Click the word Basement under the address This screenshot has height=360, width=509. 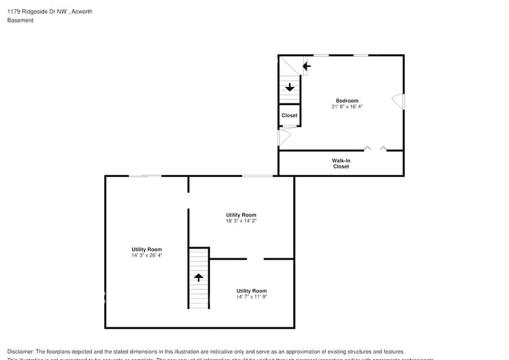[x=20, y=20]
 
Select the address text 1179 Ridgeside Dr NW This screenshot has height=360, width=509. [x=37, y=11]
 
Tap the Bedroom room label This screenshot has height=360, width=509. [x=347, y=100]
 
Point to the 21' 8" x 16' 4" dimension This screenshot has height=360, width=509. [x=347, y=107]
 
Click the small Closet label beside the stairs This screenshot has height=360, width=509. [x=289, y=115]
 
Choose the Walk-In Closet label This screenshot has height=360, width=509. [x=341, y=163]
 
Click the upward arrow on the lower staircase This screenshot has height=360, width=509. [x=198, y=277]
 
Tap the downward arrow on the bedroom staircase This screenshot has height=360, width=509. [x=289, y=88]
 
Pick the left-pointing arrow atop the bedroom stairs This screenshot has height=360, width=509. [x=306, y=66]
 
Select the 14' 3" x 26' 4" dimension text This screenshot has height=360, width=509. [x=146, y=255]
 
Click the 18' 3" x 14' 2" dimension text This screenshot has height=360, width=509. [x=241, y=221]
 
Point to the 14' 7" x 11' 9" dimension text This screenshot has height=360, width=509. [x=252, y=297]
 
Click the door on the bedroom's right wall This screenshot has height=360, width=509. [x=399, y=102]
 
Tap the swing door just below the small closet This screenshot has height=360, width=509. [x=284, y=137]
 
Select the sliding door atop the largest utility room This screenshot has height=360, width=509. [x=145, y=176]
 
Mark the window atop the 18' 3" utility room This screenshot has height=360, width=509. [x=257, y=176]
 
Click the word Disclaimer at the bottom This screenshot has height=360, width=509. [x=21, y=351]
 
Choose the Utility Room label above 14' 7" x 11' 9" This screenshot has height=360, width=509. [x=252, y=291]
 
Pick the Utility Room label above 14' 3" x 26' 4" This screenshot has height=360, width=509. [x=146, y=249]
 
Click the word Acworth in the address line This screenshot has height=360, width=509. [x=82, y=11]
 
